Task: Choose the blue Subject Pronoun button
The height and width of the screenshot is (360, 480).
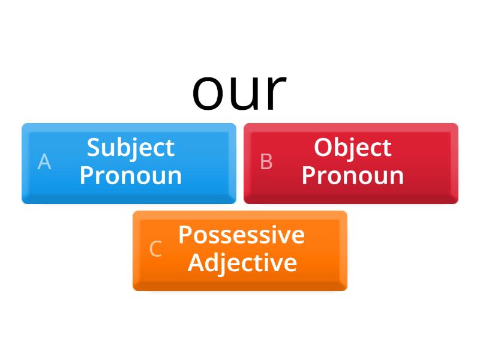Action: pyautogui.click(x=129, y=163)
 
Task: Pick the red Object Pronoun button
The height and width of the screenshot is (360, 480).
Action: pyautogui.click(x=351, y=163)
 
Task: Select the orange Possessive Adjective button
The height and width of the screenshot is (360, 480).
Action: pyautogui.click(x=240, y=250)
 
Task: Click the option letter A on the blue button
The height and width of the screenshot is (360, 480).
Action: pyautogui.click(x=44, y=162)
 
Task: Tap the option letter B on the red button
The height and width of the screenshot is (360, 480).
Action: pyautogui.click(x=266, y=162)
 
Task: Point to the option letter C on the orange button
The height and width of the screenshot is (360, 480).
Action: pyautogui.click(x=155, y=249)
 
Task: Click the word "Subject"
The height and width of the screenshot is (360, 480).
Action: pyautogui.click(x=130, y=148)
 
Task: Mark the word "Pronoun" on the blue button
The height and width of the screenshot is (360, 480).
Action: pyautogui.click(x=130, y=176)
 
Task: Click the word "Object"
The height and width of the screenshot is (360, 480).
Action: pyautogui.click(x=352, y=148)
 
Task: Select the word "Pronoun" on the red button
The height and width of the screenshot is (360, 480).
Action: pyautogui.click(x=352, y=176)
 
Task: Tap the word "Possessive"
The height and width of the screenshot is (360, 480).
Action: pyautogui.click(x=241, y=235)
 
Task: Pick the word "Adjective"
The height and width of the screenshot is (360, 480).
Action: pyautogui.click(x=242, y=263)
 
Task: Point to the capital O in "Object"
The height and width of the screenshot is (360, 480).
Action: pyautogui.click(x=323, y=148)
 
